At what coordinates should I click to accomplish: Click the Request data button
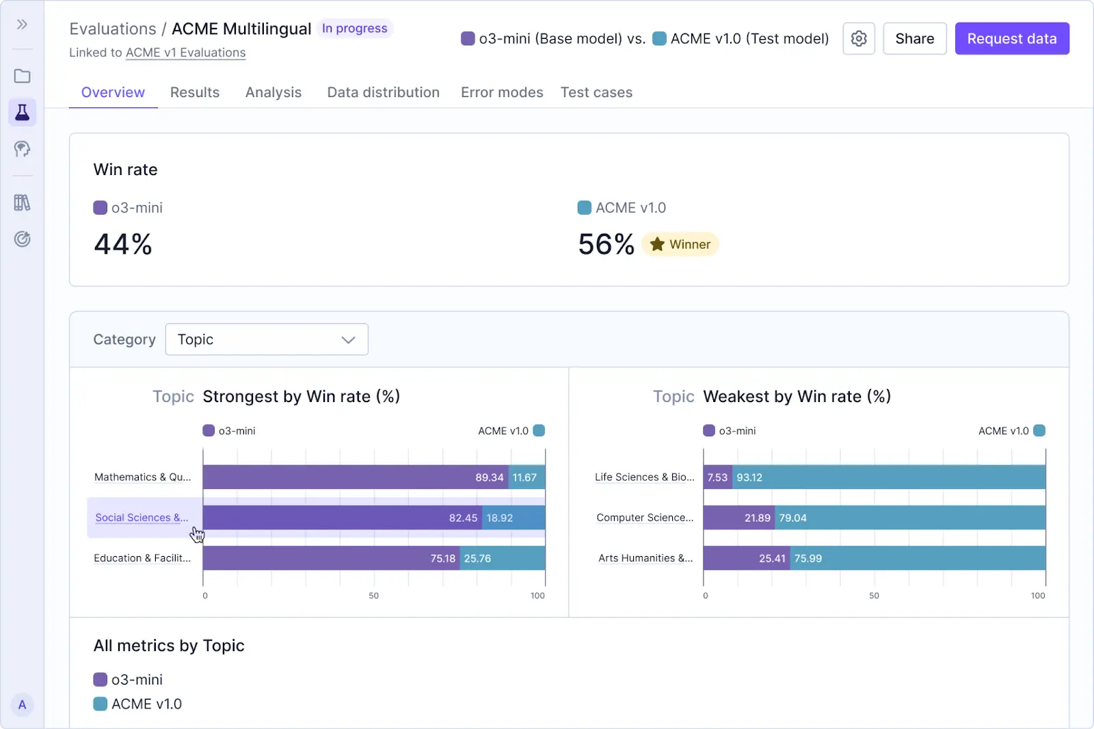click(1011, 39)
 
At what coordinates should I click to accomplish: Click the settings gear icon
click(859, 39)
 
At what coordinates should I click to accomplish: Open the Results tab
click(195, 92)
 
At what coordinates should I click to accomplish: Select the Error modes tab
click(502, 92)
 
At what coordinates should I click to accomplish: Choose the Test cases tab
click(596, 92)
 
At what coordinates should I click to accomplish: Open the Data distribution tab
click(383, 92)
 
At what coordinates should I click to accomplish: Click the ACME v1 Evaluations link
click(185, 53)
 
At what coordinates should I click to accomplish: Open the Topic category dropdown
click(267, 339)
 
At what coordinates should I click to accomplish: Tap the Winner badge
click(680, 244)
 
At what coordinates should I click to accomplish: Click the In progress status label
click(354, 29)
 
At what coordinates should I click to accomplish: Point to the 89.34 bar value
click(489, 477)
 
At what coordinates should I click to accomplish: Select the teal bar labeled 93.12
click(889, 477)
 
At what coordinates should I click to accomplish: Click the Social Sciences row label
click(142, 518)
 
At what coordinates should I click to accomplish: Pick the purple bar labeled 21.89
click(738, 518)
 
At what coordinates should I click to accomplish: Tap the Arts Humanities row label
click(645, 558)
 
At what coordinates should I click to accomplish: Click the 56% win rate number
click(606, 244)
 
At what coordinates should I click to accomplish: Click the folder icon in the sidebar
click(23, 76)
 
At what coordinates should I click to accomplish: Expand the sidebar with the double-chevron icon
click(23, 25)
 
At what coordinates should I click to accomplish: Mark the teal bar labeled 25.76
click(503, 558)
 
